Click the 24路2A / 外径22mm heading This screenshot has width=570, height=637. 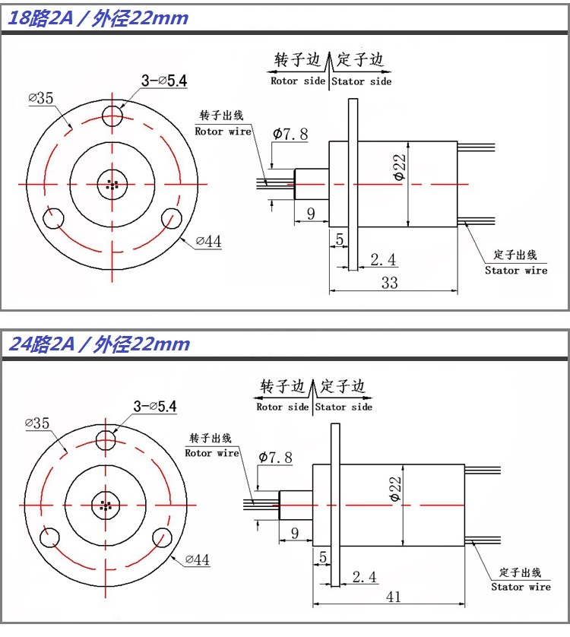(x=98, y=344)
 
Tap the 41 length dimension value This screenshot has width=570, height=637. (x=392, y=597)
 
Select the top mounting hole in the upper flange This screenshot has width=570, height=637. (x=113, y=116)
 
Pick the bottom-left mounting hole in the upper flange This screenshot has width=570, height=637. (x=53, y=219)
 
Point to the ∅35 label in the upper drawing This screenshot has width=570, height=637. (x=40, y=98)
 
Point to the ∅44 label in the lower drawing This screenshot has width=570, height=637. (x=196, y=560)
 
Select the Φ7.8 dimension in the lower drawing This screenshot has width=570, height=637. (x=274, y=458)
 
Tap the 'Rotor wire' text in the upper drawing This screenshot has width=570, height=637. (x=223, y=132)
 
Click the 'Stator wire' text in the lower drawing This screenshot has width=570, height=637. (x=521, y=587)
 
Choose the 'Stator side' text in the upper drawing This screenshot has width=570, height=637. (x=361, y=81)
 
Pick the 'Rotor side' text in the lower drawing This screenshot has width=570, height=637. (x=283, y=407)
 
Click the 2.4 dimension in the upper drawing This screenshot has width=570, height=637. (x=382, y=260)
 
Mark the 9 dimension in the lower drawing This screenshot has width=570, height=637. (x=294, y=533)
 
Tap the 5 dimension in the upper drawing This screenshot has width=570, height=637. (x=338, y=239)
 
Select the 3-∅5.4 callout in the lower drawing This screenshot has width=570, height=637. (x=154, y=407)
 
